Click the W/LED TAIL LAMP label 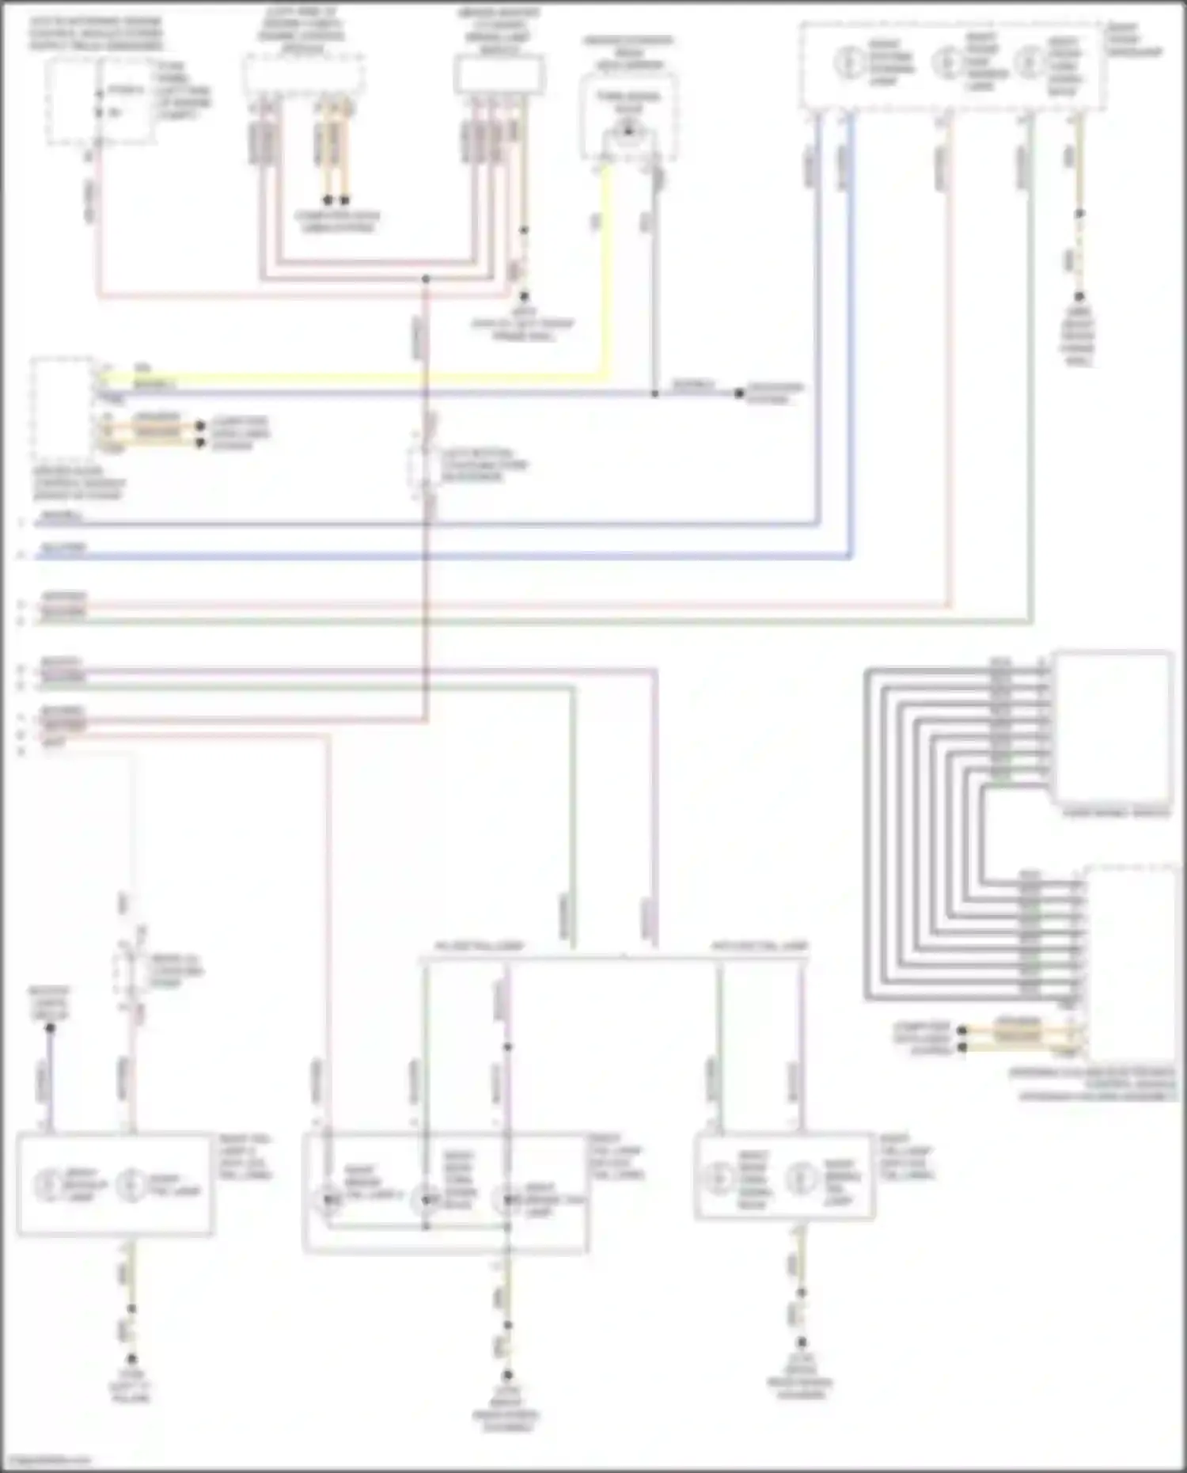479,946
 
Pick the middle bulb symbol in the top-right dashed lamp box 946,63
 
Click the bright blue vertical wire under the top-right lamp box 851,332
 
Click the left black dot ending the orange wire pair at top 328,200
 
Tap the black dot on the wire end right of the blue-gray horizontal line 739,393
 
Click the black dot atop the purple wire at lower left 50,1028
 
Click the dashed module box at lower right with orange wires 1130,962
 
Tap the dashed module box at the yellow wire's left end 62,408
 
